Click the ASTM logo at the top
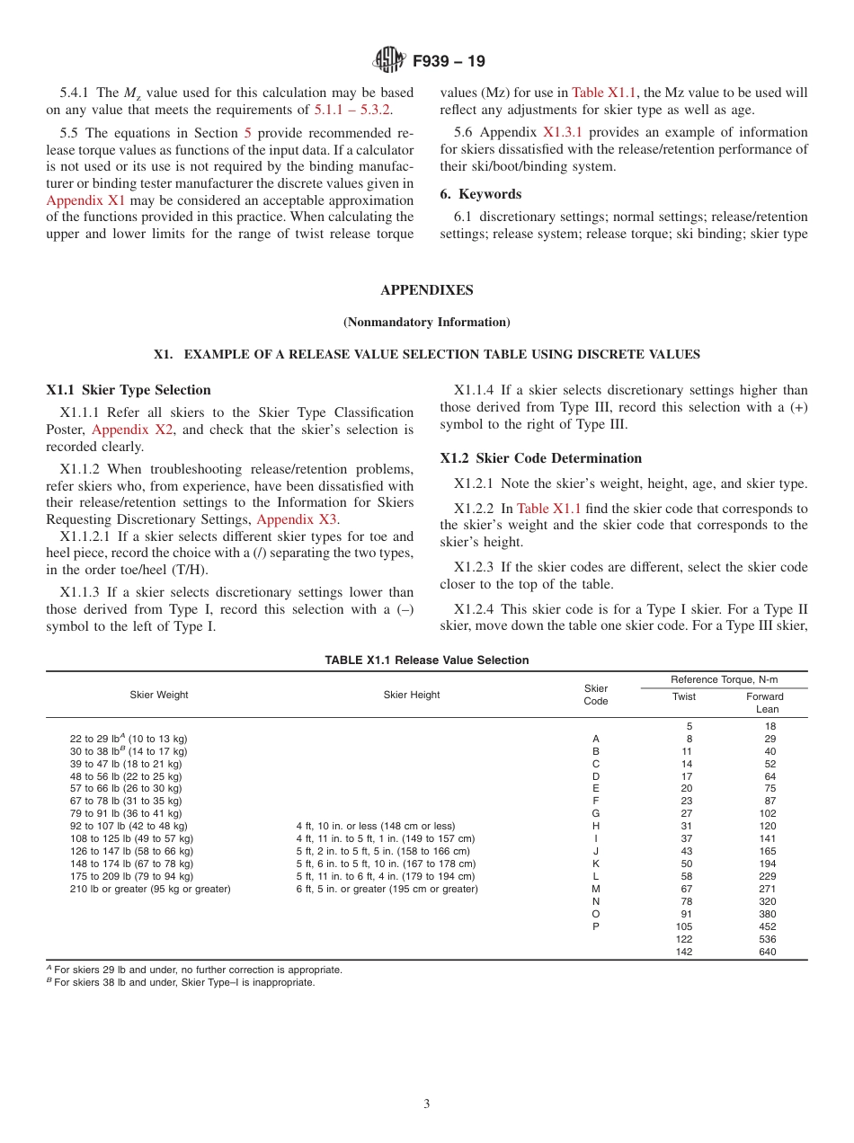point(389,61)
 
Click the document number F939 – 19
point(449,61)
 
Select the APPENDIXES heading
point(426,290)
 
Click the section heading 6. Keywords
point(480,194)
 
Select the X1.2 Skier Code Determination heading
point(540,458)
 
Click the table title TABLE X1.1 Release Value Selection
point(426,660)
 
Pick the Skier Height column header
point(412,695)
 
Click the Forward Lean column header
point(766,702)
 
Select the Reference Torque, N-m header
point(724,679)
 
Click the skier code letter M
point(595,889)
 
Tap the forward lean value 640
point(766,952)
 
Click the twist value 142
point(685,952)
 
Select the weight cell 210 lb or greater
point(150,889)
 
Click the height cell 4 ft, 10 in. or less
point(375,826)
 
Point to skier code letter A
point(595,739)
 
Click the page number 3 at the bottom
point(426,1103)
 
